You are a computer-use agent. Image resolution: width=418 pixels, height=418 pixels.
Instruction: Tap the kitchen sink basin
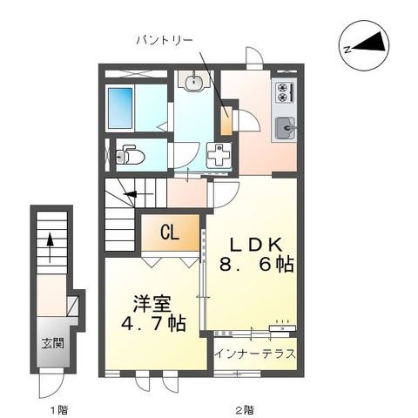pos(285,130)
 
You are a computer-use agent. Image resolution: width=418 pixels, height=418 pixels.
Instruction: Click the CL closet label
pos(171,233)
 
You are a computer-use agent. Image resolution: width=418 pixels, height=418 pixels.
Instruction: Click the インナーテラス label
pos(255,354)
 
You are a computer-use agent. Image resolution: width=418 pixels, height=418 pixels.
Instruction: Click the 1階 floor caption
pos(57,408)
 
